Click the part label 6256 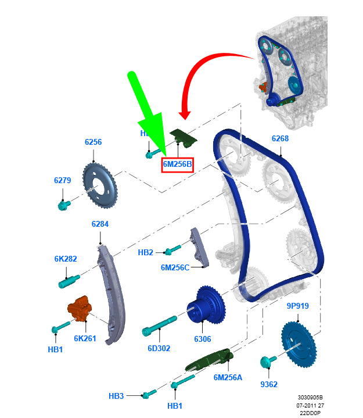(x=93, y=142)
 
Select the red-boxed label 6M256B (x=177, y=165)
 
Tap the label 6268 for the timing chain (x=280, y=139)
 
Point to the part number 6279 (x=63, y=180)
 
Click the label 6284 (x=100, y=224)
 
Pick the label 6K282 (x=66, y=259)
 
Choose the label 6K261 (x=84, y=338)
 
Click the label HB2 (x=146, y=252)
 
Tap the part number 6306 (x=203, y=339)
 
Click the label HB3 (x=116, y=396)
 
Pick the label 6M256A (x=228, y=377)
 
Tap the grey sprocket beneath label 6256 (x=99, y=183)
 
